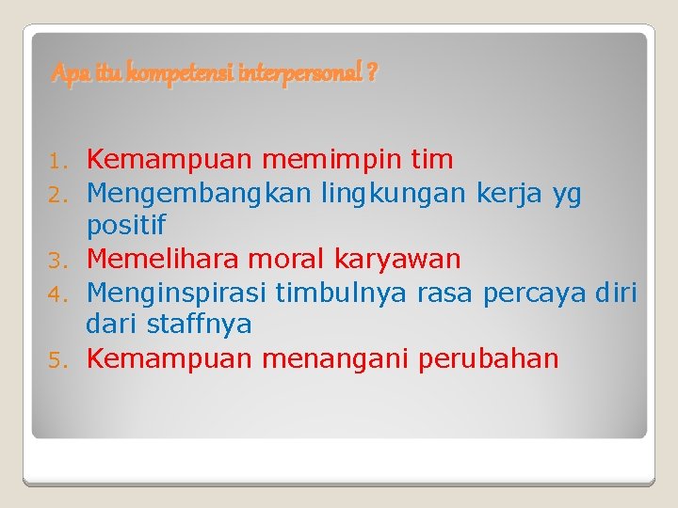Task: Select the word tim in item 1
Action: click(x=432, y=159)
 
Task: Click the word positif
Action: click(x=126, y=226)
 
